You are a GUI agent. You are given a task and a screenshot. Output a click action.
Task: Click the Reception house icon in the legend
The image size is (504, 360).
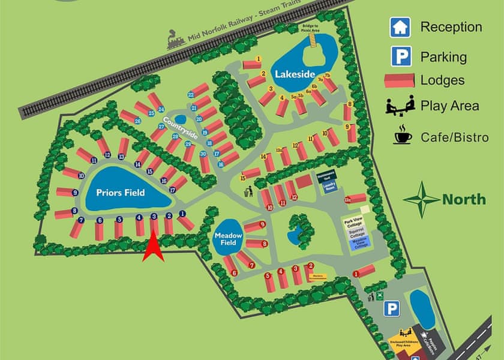click(x=400, y=27)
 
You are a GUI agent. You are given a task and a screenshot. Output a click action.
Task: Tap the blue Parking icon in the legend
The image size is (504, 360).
click(x=400, y=57)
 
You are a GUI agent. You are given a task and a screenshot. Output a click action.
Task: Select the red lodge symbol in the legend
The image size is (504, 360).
click(x=400, y=80)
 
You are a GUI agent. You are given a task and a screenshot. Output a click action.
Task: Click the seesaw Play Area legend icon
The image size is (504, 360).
click(x=400, y=106)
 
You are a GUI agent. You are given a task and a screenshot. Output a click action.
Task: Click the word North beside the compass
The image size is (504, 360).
click(x=464, y=199)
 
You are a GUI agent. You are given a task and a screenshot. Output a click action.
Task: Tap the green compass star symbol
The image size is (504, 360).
click(x=421, y=199)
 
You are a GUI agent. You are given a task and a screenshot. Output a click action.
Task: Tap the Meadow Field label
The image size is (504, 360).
click(x=228, y=239)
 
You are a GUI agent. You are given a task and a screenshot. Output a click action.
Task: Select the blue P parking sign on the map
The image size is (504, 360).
click(x=392, y=309)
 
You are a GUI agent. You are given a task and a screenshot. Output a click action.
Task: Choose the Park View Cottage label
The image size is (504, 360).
click(x=353, y=221)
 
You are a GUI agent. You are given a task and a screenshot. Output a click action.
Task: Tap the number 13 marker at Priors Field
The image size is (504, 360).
click(x=121, y=157)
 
